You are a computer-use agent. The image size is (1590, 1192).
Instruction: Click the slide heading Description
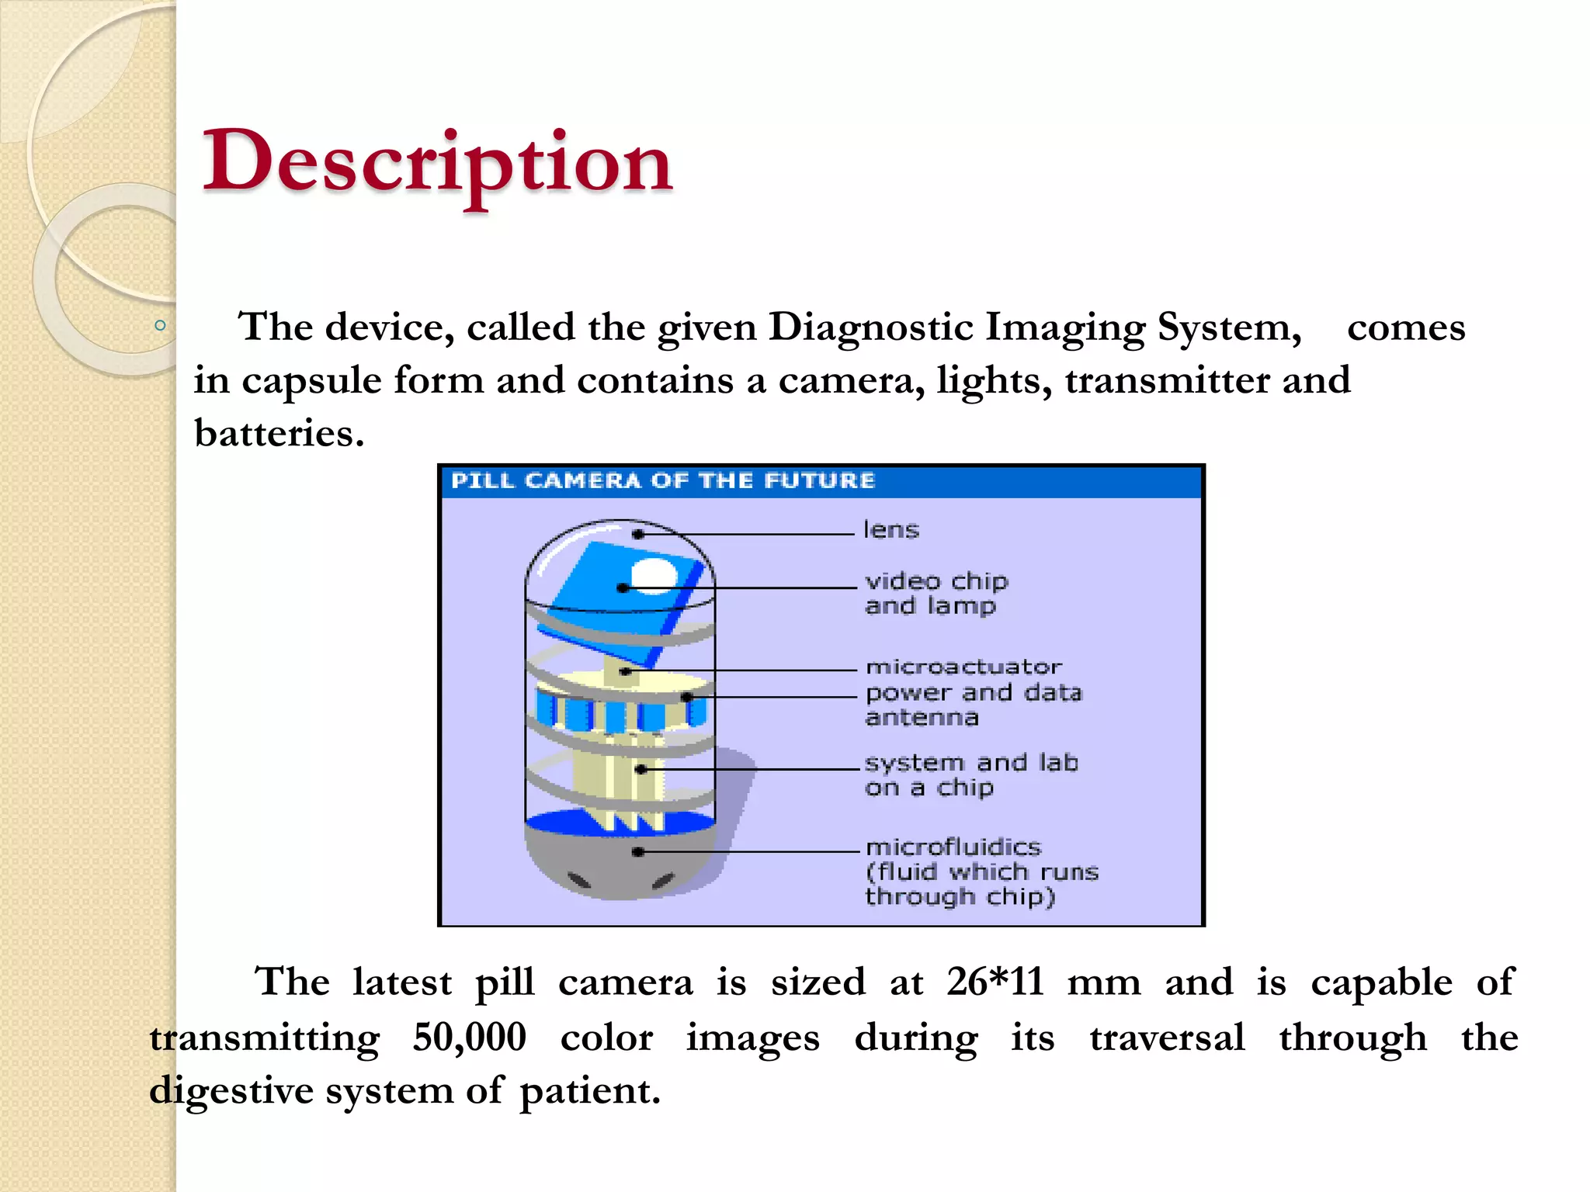[x=437, y=162]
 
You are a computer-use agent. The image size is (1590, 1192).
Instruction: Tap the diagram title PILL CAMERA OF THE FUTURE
[x=662, y=480]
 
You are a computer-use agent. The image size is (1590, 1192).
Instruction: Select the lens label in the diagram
[x=891, y=530]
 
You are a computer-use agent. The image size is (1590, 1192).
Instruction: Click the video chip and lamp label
[x=936, y=593]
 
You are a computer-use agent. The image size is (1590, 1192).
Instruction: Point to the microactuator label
[x=963, y=667]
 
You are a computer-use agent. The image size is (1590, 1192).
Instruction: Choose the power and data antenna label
[x=972, y=705]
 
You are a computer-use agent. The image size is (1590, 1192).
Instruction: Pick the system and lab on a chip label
[x=970, y=774]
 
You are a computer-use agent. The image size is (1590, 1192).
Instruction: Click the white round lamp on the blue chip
[x=654, y=575]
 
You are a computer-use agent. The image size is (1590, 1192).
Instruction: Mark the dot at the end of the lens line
[x=638, y=534]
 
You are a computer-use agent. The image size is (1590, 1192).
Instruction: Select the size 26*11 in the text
[x=995, y=982]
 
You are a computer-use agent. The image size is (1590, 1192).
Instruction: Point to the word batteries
[x=279, y=433]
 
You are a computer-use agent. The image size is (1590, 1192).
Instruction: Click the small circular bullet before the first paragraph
[x=160, y=326]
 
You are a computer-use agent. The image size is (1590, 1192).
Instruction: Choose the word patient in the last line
[x=589, y=1090]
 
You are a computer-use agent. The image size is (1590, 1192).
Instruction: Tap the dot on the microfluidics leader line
[x=638, y=851]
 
